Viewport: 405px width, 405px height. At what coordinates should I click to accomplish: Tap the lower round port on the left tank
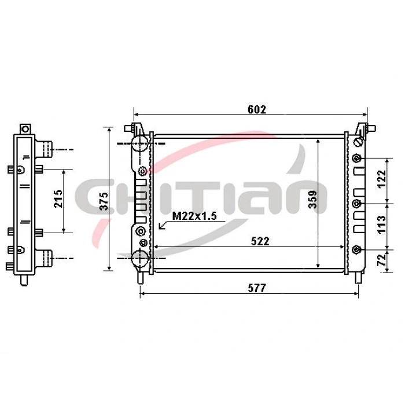139,259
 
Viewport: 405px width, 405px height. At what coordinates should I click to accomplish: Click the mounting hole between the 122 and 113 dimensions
357,203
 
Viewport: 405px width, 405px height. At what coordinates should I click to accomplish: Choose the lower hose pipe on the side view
46,256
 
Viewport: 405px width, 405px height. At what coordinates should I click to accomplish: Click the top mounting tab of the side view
25,128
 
